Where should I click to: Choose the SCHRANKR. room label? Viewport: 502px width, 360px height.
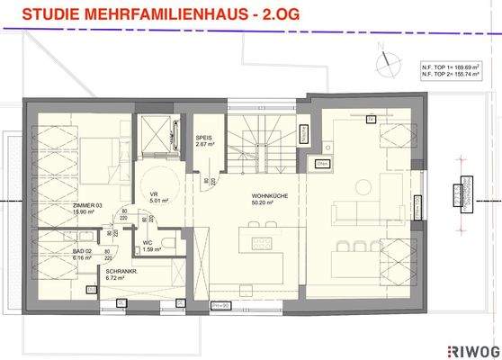121,272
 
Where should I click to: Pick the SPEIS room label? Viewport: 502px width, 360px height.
204,138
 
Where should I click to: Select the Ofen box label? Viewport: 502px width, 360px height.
322,165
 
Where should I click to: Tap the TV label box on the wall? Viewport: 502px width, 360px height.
369,117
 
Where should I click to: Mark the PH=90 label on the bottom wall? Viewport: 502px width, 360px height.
218,304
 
